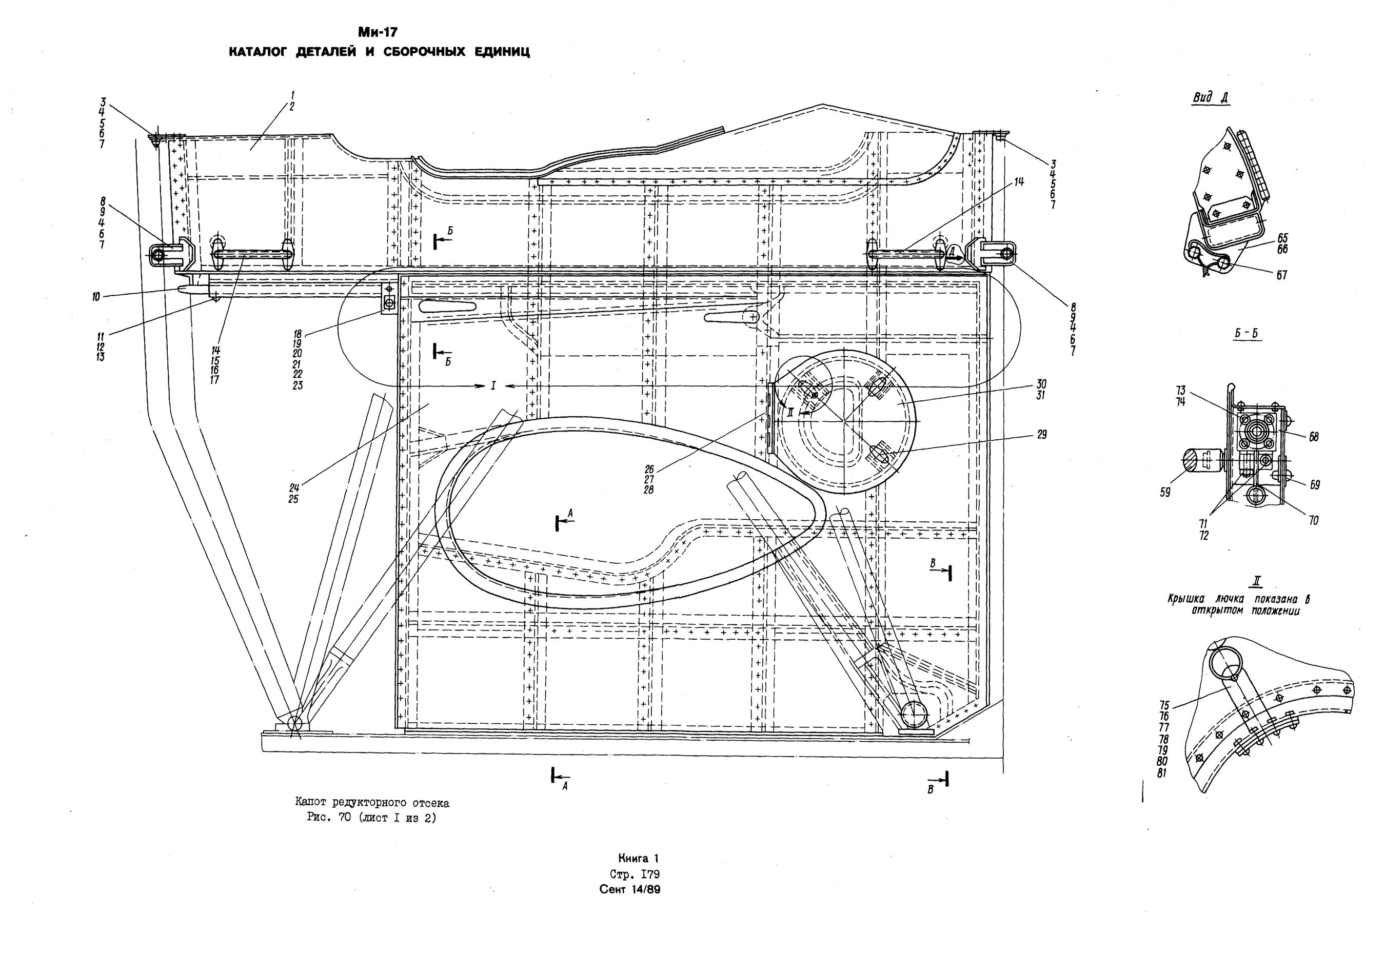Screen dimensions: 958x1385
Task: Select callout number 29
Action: coord(1041,435)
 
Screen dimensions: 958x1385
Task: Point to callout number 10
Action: coord(96,296)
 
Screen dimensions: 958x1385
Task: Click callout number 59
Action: coord(1165,493)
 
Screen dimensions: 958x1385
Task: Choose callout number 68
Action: coord(1314,437)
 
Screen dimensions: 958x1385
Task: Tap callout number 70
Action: coord(1314,521)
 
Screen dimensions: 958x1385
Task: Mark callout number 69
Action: coord(1315,484)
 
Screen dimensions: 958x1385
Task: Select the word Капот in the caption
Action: coord(312,803)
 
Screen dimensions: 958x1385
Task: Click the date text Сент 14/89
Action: coord(630,890)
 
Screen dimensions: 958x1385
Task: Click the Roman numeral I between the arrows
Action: coord(493,385)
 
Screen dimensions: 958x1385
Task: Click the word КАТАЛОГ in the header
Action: coord(259,52)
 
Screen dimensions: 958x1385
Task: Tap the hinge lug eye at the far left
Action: coord(159,256)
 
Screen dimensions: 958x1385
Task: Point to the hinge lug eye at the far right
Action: coord(1005,254)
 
